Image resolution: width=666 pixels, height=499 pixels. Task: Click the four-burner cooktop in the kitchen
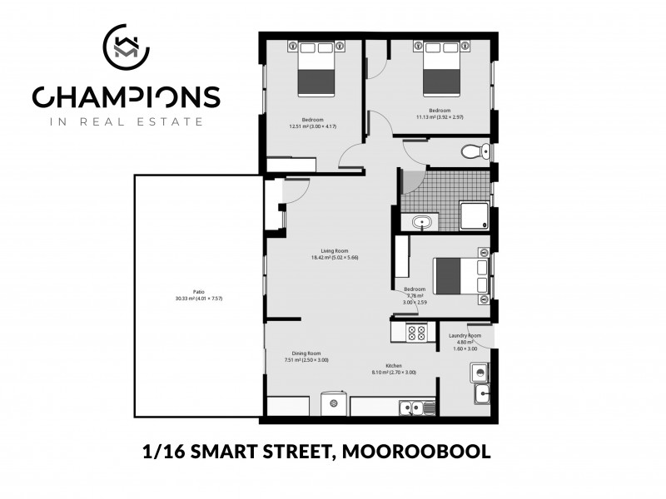pyautogui.click(x=416, y=333)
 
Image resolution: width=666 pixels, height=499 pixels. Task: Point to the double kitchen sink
pyautogui.click(x=413, y=407)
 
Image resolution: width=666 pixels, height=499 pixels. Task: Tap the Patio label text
pyautogui.click(x=198, y=292)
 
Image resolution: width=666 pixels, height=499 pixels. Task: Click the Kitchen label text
pyautogui.click(x=394, y=367)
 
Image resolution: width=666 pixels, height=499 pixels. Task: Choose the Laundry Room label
pyautogui.click(x=465, y=336)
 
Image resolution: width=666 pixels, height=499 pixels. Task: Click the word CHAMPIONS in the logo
pyautogui.click(x=126, y=97)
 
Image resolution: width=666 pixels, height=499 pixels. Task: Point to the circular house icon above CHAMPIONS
pyautogui.click(x=126, y=48)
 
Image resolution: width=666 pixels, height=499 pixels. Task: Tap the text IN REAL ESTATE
pyautogui.click(x=126, y=121)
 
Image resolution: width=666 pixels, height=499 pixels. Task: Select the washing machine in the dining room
pyautogui.click(x=335, y=404)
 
